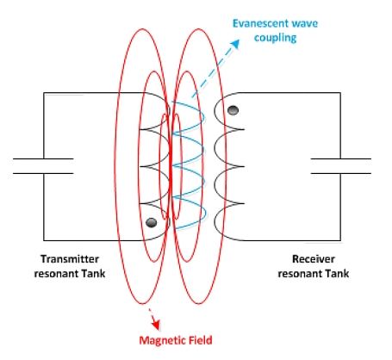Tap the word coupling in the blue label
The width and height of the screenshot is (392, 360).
(276, 38)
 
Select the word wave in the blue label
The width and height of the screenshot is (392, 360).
(305, 23)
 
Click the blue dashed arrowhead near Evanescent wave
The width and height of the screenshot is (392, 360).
(235, 44)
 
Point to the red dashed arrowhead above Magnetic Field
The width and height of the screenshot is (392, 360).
(156, 325)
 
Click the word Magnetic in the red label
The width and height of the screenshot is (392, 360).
(163, 340)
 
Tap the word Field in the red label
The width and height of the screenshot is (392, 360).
(201, 340)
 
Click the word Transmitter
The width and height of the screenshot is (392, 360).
(70, 259)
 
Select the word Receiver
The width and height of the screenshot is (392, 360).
(314, 259)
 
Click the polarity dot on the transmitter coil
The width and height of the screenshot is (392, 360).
(152, 222)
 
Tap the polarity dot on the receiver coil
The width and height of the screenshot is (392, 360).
(233, 110)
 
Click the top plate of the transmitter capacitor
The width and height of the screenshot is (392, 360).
(43, 158)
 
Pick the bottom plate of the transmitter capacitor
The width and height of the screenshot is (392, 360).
(43, 173)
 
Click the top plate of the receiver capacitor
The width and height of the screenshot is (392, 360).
(341, 158)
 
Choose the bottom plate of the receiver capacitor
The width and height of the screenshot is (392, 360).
(341, 173)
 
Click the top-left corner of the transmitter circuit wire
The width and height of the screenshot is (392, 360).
(44, 93)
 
